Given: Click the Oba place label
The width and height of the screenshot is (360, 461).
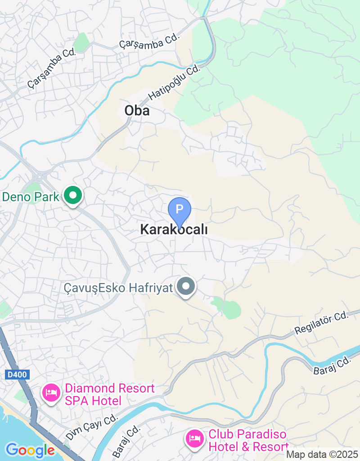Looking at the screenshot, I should click(x=137, y=111).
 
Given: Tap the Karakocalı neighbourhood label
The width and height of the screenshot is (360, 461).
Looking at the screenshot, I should click(x=174, y=230).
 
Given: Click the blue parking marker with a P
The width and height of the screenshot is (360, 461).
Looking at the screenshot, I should click(x=180, y=210).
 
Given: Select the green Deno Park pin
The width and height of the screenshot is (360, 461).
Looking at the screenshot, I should click(x=72, y=196).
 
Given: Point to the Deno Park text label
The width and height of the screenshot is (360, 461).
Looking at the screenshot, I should click(x=31, y=197).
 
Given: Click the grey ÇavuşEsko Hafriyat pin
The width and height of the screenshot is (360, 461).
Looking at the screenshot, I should click(x=185, y=286).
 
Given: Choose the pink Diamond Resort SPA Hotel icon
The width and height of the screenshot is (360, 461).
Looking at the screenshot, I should click(x=51, y=393).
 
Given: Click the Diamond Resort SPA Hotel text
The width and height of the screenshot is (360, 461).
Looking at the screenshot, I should click(x=109, y=394).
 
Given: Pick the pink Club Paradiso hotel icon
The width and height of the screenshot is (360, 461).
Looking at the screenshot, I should click(x=194, y=437).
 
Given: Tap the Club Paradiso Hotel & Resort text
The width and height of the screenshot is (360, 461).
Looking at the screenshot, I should click(x=248, y=441).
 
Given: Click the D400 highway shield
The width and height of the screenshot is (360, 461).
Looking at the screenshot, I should click(x=18, y=374).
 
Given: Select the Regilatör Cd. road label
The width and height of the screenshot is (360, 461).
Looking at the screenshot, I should click(x=321, y=323).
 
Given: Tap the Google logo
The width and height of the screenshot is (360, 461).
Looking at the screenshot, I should click(x=30, y=450).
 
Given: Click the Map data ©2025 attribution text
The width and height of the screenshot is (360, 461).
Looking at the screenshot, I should click(x=323, y=455).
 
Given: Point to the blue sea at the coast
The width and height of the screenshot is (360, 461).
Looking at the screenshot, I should click(x=9, y=428).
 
